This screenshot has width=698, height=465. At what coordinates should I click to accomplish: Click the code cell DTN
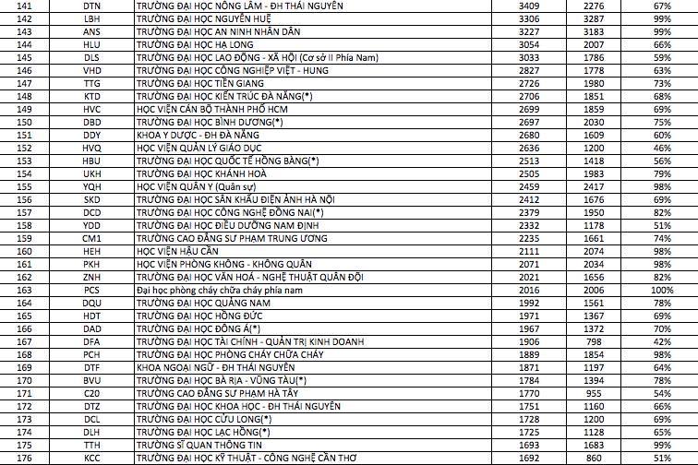tap(91, 5)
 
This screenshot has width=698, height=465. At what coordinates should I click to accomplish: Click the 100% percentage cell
tap(662, 289)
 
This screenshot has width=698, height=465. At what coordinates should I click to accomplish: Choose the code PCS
tap(91, 289)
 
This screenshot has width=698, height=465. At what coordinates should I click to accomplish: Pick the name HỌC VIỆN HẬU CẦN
tap(175, 250)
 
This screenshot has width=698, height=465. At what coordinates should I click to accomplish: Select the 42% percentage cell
tap(662, 340)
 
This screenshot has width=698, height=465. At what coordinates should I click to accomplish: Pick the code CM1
tap(91, 237)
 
